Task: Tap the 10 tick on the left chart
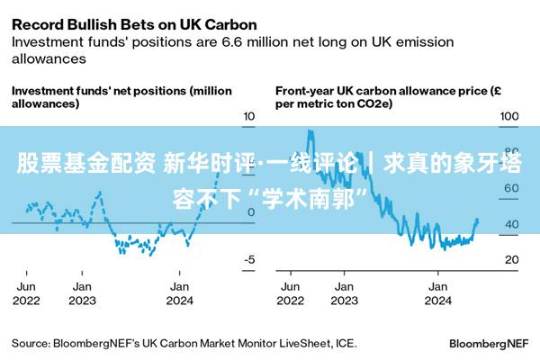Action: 249,116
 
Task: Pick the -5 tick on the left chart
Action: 249,259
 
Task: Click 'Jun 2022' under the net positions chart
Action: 26,292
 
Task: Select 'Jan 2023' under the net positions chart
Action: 82,292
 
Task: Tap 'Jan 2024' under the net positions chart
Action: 180,292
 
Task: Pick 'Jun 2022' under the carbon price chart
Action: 290,292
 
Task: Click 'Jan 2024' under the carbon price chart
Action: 438,292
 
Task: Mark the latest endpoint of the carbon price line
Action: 478,220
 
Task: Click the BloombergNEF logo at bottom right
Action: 488,343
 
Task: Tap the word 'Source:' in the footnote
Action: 31,343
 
